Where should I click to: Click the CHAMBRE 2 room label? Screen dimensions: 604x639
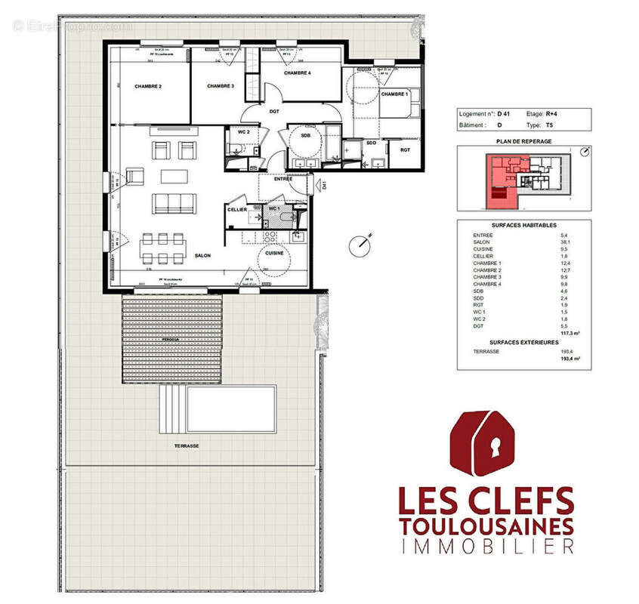(x=149, y=87)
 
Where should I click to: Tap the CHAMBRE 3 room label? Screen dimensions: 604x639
(x=221, y=87)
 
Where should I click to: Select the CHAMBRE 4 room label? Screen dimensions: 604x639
(x=298, y=73)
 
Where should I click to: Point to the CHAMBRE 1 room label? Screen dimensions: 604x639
(x=394, y=94)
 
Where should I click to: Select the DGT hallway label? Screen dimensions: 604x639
(x=274, y=112)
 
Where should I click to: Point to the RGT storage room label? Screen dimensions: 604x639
(x=405, y=149)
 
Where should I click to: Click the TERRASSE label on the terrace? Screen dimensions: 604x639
(x=187, y=446)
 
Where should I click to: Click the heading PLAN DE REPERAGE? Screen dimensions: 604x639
(x=524, y=141)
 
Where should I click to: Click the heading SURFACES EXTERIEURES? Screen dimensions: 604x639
(x=524, y=342)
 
